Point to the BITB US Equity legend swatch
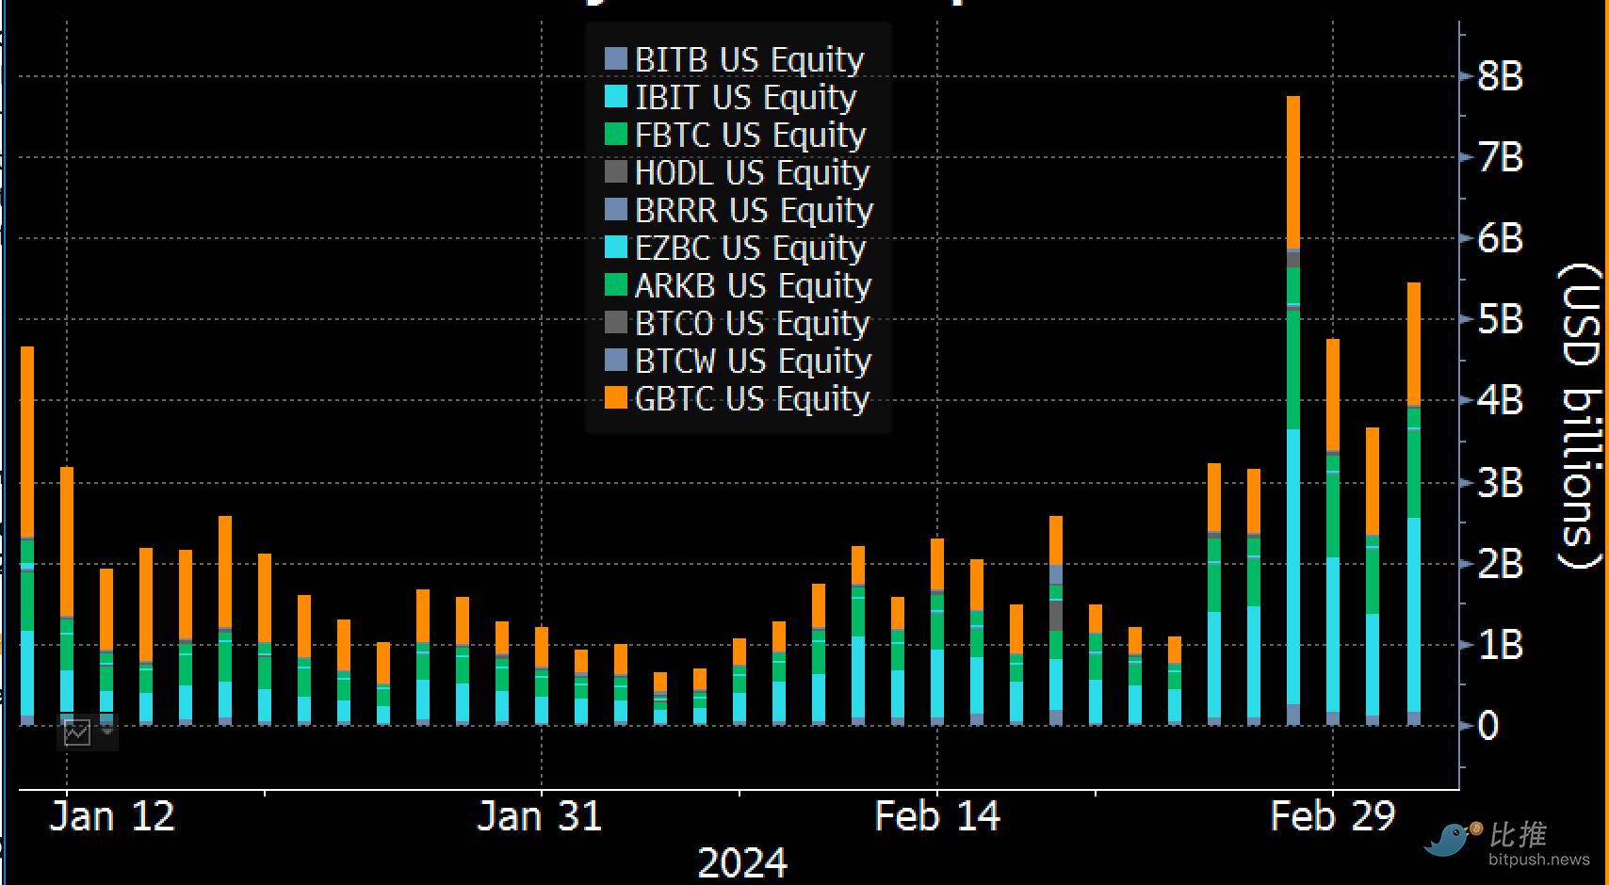coord(616,59)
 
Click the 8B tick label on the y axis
coord(1500,76)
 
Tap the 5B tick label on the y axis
coord(1500,319)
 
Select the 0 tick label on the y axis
coord(1488,726)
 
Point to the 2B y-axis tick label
coord(1500,563)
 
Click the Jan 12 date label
coord(112,816)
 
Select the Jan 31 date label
coord(540,816)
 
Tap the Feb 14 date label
coord(937,816)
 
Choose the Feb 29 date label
coord(1332,816)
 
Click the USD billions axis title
coord(1580,414)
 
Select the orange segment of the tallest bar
coord(1293,172)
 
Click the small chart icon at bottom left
coord(77,732)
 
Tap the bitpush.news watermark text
coord(1538,860)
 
